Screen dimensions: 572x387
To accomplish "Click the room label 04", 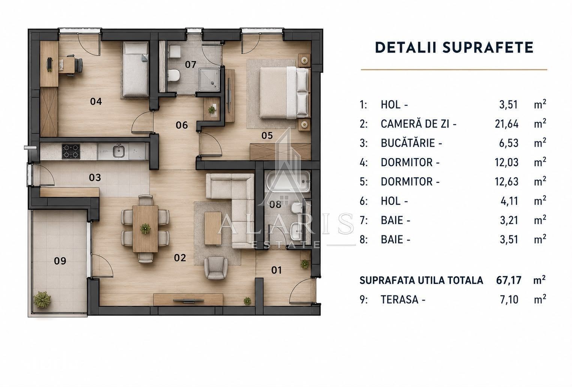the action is pyautogui.click(x=96, y=101).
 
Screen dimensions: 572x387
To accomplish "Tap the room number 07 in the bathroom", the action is pyautogui.click(x=191, y=65).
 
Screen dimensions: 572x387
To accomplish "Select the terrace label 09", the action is pyautogui.click(x=60, y=261).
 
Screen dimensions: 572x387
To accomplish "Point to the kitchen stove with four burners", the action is pyautogui.click(x=71, y=151).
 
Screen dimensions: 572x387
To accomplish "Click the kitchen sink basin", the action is pyautogui.click(x=119, y=151).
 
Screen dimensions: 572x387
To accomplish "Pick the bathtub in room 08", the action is pyautogui.click(x=288, y=181).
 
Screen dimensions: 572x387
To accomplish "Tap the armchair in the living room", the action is pyautogui.click(x=216, y=268).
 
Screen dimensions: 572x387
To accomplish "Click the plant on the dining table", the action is pyautogui.click(x=145, y=229).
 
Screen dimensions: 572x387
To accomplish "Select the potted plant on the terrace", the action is pyautogui.click(x=42, y=300).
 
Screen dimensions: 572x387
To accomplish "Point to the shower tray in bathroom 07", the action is pyautogui.click(x=209, y=79).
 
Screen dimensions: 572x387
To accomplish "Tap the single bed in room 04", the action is pyautogui.click(x=136, y=69).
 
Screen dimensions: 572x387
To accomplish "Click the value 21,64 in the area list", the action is pyautogui.click(x=507, y=124).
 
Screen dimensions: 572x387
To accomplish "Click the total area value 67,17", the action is pyautogui.click(x=509, y=280).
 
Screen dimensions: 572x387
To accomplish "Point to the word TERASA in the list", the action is pyautogui.click(x=399, y=300).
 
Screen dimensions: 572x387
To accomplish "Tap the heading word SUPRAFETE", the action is pyautogui.click(x=488, y=47).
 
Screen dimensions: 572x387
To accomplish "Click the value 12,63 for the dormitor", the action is pyautogui.click(x=507, y=182).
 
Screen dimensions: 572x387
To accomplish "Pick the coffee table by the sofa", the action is pyautogui.click(x=213, y=228).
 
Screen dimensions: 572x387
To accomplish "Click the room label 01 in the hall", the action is pyautogui.click(x=276, y=270).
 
